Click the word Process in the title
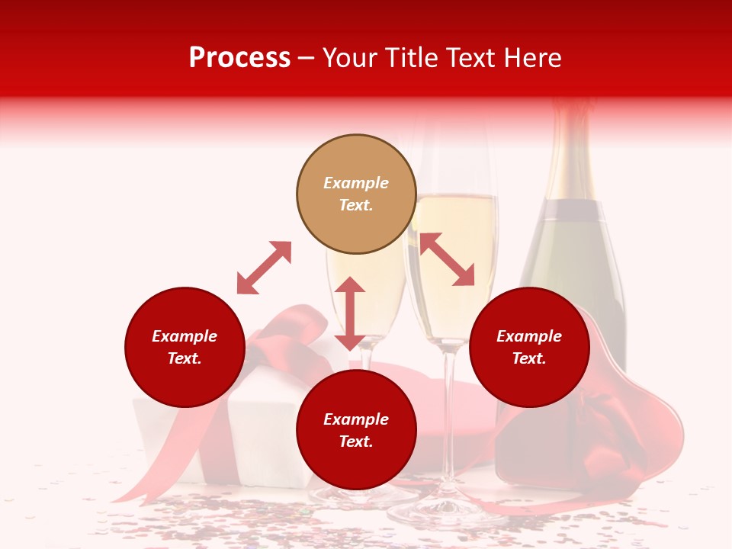coord(239,58)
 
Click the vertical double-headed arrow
coord(350,313)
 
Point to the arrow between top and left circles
coord(264,268)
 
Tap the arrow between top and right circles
coord(447,259)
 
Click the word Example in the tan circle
coord(356,183)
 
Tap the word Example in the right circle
coord(529,336)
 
